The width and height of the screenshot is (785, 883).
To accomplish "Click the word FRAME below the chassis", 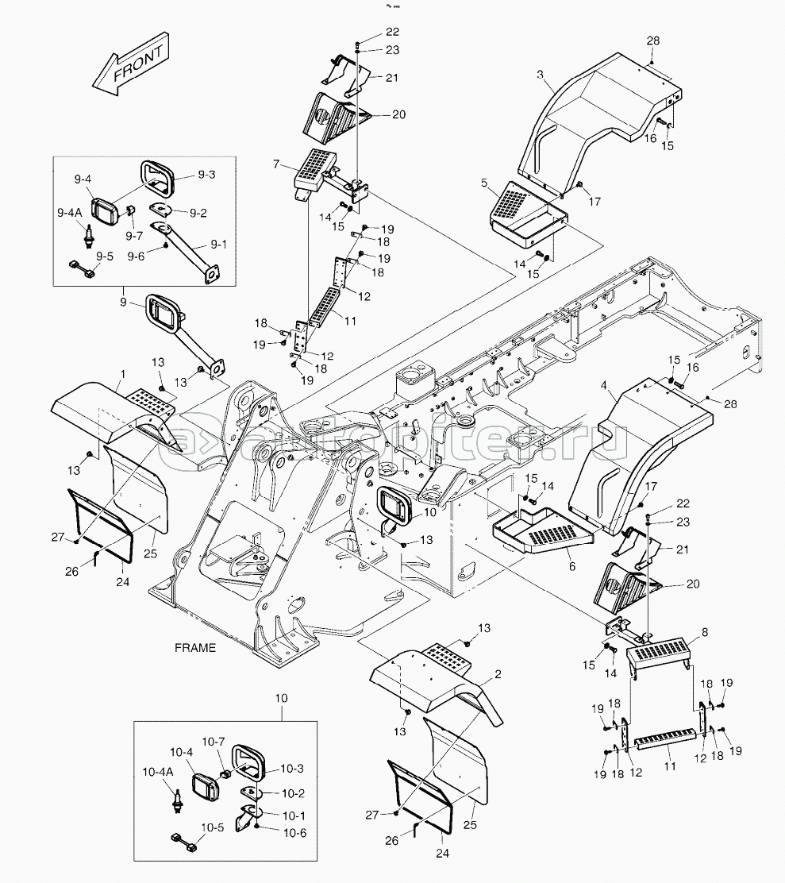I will click(x=194, y=648).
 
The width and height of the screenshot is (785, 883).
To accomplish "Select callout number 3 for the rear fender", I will click(x=540, y=75).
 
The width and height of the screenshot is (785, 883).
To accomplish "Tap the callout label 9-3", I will click(x=206, y=175).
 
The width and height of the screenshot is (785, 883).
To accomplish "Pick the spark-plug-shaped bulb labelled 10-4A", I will click(x=178, y=797).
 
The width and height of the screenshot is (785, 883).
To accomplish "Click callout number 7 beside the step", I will click(x=275, y=164).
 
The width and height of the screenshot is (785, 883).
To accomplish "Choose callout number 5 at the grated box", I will click(x=483, y=183).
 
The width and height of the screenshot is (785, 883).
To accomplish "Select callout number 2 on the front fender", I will click(x=498, y=674).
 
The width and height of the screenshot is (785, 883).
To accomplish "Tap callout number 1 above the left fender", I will click(x=123, y=372).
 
